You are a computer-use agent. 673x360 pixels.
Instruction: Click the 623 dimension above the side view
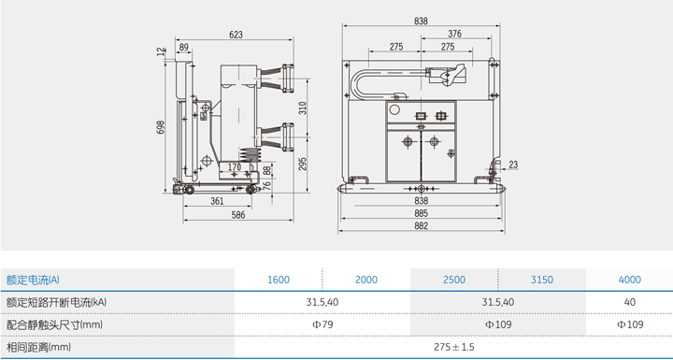[236, 36]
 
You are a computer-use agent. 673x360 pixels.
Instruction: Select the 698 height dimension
[161, 127]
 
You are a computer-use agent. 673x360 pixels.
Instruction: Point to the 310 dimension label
[303, 108]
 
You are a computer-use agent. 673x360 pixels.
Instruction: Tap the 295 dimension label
[303, 164]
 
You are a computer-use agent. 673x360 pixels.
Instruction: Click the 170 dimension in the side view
[234, 166]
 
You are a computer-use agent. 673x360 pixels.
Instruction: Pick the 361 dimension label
[218, 201]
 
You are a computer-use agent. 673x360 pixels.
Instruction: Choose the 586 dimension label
[238, 215]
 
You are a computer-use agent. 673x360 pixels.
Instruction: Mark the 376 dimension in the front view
[454, 34]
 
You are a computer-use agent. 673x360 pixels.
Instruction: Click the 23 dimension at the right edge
[513, 165]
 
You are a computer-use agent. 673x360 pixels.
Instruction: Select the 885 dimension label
[422, 213]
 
